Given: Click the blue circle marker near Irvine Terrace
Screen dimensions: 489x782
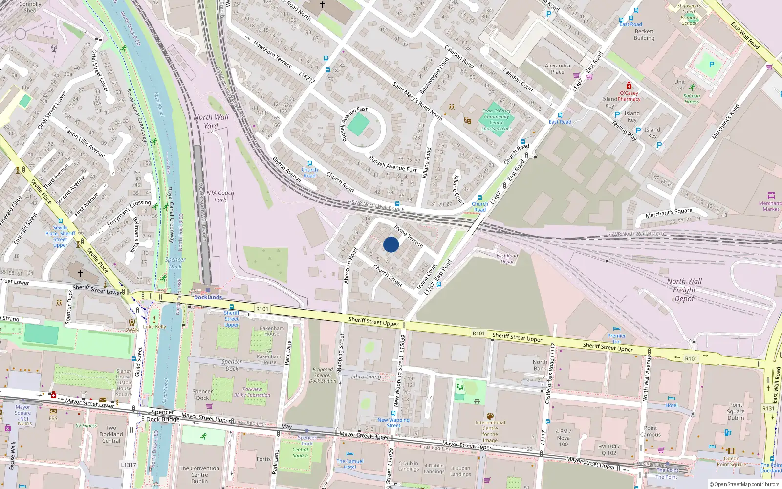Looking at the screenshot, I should (x=391, y=244).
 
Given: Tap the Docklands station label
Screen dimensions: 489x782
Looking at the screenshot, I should (x=208, y=297).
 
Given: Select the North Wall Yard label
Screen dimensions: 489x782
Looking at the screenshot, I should (x=211, y=121).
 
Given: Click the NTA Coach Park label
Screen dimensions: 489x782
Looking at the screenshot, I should (x=220, y=196).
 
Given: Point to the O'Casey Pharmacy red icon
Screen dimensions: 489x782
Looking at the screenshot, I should (x=629, y=86).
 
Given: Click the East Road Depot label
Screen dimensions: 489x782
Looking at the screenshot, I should (x=507, y=258).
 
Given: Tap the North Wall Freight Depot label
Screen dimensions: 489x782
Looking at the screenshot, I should (x=684, y=289).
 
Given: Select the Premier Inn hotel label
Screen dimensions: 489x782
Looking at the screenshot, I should (x=616, y=338).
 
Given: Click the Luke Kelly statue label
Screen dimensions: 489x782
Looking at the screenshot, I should (x=154, y=327).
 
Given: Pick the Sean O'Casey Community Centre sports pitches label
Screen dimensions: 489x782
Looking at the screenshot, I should (x=497, y=120).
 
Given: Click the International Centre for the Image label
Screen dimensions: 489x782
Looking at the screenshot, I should (x=490, y=431).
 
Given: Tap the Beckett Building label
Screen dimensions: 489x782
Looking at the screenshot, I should (x=644, y=34).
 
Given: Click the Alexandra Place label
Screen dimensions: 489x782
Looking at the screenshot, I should (x=557, y=68).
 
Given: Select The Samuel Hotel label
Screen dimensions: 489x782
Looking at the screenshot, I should (x=350, y=464).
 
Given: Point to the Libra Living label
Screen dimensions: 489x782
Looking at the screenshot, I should (x=366, y=377).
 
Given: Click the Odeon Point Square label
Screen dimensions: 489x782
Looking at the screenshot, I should (x=731, y=461).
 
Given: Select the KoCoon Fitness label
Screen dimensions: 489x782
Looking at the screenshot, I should (x=692, y=98).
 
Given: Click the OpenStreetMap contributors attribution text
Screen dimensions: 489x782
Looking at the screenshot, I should (x=744, y=484).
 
